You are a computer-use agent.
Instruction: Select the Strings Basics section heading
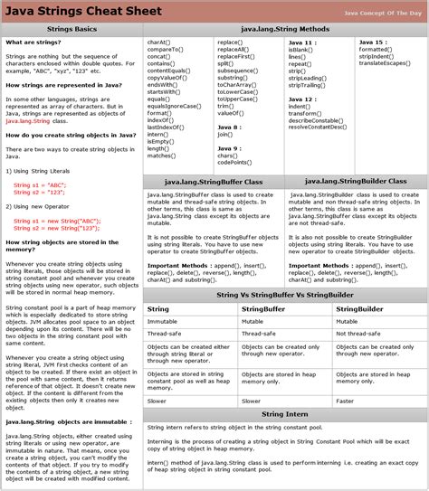(70, 30)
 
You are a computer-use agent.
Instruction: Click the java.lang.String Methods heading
(284, 30)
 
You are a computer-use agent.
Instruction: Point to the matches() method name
(162, 155)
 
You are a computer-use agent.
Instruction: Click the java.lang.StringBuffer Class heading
(213, 181)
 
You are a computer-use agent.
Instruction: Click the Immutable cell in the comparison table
(165, 321)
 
